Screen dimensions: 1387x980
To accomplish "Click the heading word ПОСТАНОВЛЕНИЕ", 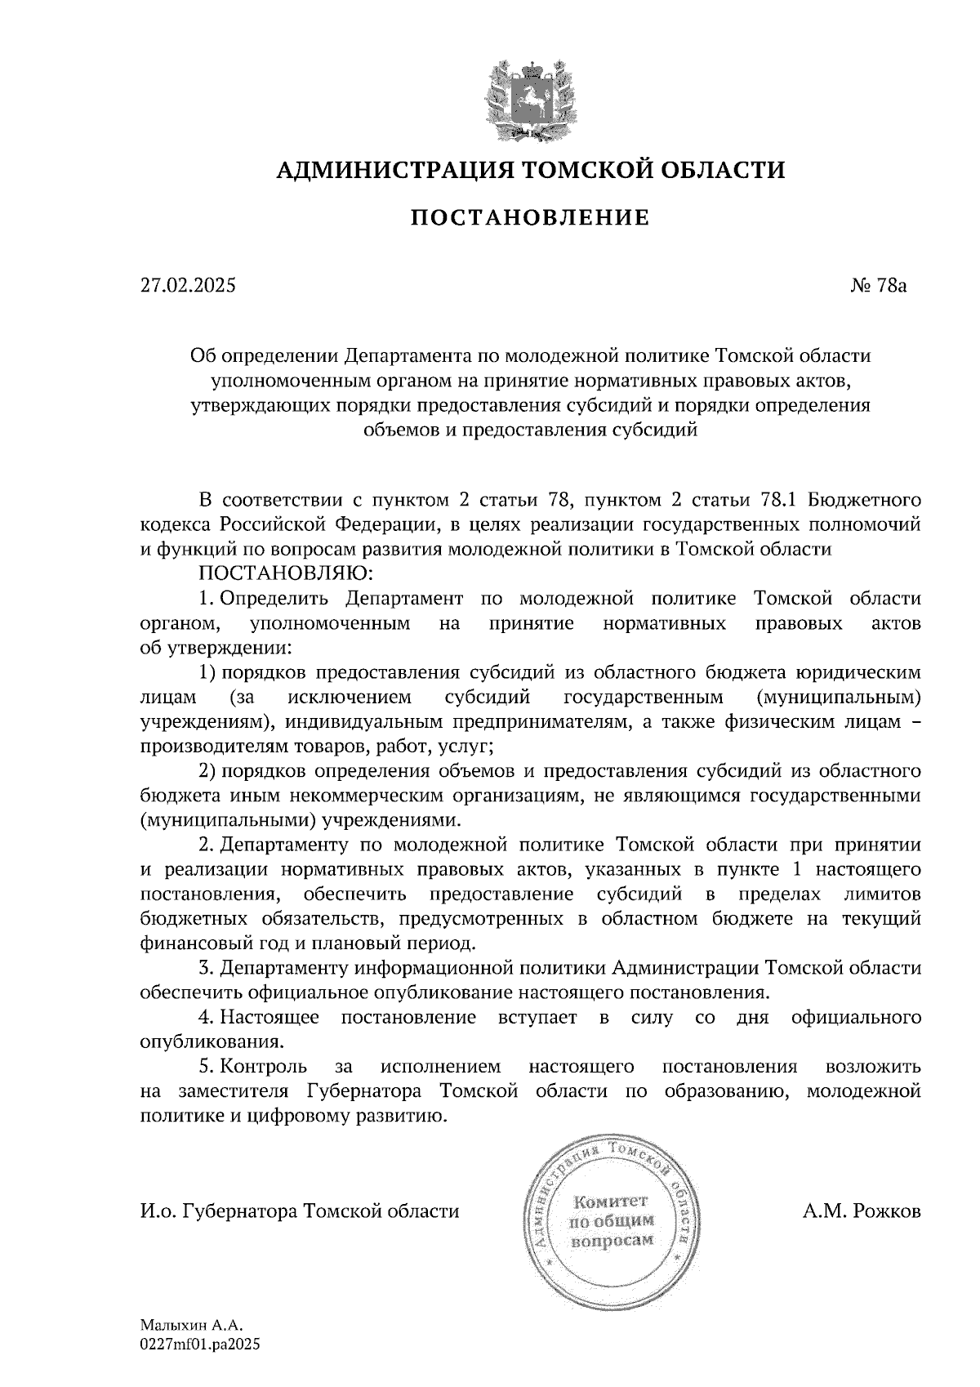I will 529,217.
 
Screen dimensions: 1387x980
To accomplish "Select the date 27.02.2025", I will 187,286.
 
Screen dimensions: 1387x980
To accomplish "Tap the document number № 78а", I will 880,286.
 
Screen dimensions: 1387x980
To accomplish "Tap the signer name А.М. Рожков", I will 862,1211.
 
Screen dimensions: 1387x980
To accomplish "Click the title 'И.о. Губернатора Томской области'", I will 300,1211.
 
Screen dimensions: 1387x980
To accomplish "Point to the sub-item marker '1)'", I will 207,672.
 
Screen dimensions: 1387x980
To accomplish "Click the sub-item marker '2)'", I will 207,771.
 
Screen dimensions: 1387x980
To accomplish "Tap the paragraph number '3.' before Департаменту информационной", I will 207,968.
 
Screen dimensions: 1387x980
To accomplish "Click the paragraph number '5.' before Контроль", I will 207,1067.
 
